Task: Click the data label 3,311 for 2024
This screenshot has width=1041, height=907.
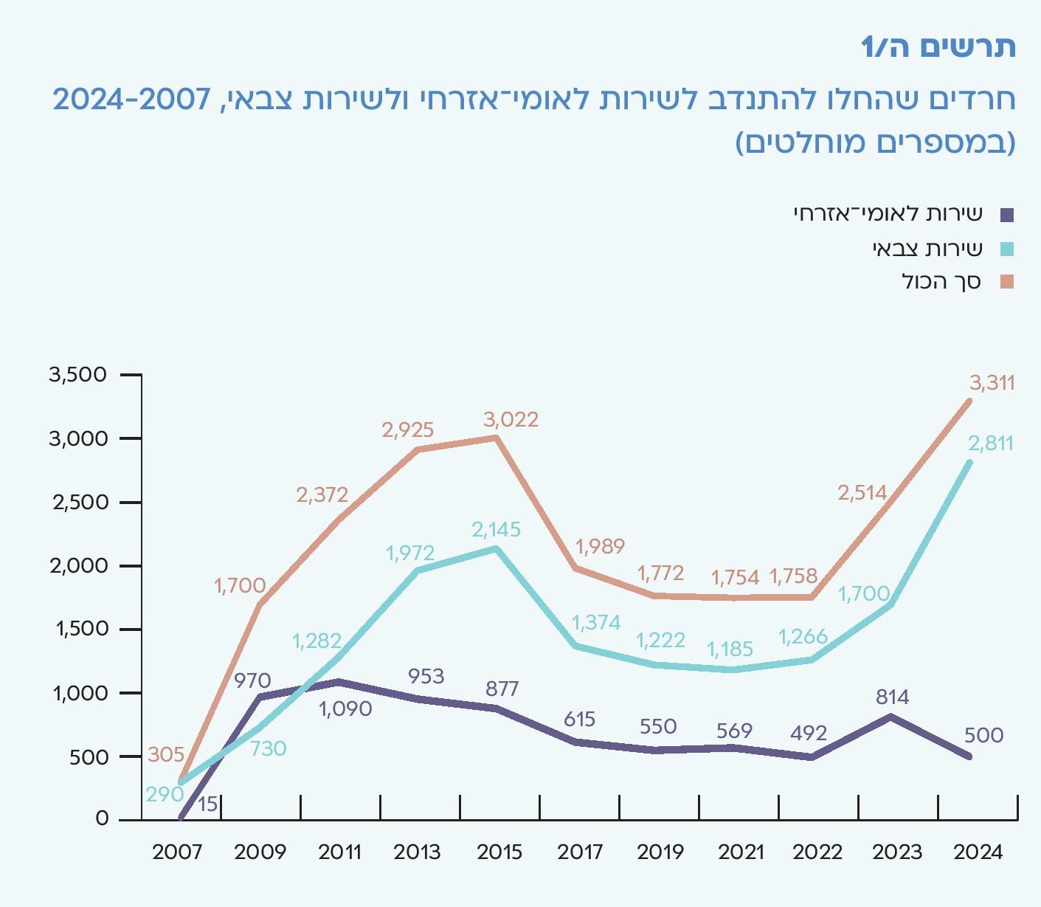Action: click(x=992, y=383)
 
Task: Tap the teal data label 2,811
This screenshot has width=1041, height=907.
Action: click(x=990, y=444)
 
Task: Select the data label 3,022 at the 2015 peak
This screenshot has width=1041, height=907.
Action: click(x=511, y=420)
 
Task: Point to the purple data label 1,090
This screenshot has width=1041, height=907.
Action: click(x=345, y=709)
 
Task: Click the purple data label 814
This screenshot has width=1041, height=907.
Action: click(x=892, y=697)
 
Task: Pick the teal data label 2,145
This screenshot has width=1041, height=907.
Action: click(x=496, y=529)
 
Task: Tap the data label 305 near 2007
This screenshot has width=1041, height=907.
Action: click(x=166, y=754)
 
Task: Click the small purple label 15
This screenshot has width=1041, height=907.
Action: click(x=208, y=804)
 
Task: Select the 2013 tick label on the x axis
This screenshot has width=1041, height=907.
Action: click(x=417, y=852)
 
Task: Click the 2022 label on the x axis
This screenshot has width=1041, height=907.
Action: click(x=817, y=852)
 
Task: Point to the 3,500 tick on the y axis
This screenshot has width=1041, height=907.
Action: click(x=78, y=375)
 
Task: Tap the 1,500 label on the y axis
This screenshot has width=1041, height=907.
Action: click(x=82, y=630)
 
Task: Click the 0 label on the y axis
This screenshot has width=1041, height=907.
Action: click(x=102, y=818)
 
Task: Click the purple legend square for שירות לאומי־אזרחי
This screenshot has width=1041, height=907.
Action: click(x=1007, y=215)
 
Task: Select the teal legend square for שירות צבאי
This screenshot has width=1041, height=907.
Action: click(x=1007, y=249)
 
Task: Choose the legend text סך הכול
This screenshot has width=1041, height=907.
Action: click(x=941, y=282)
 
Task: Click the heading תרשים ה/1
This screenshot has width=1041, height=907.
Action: click(x=938, y=47)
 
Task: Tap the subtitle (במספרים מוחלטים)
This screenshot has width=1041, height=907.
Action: click(x=876, y=142)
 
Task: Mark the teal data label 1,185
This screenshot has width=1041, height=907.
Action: click(x=730, y=649)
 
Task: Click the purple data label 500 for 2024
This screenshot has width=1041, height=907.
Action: click(x=983, y=735)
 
